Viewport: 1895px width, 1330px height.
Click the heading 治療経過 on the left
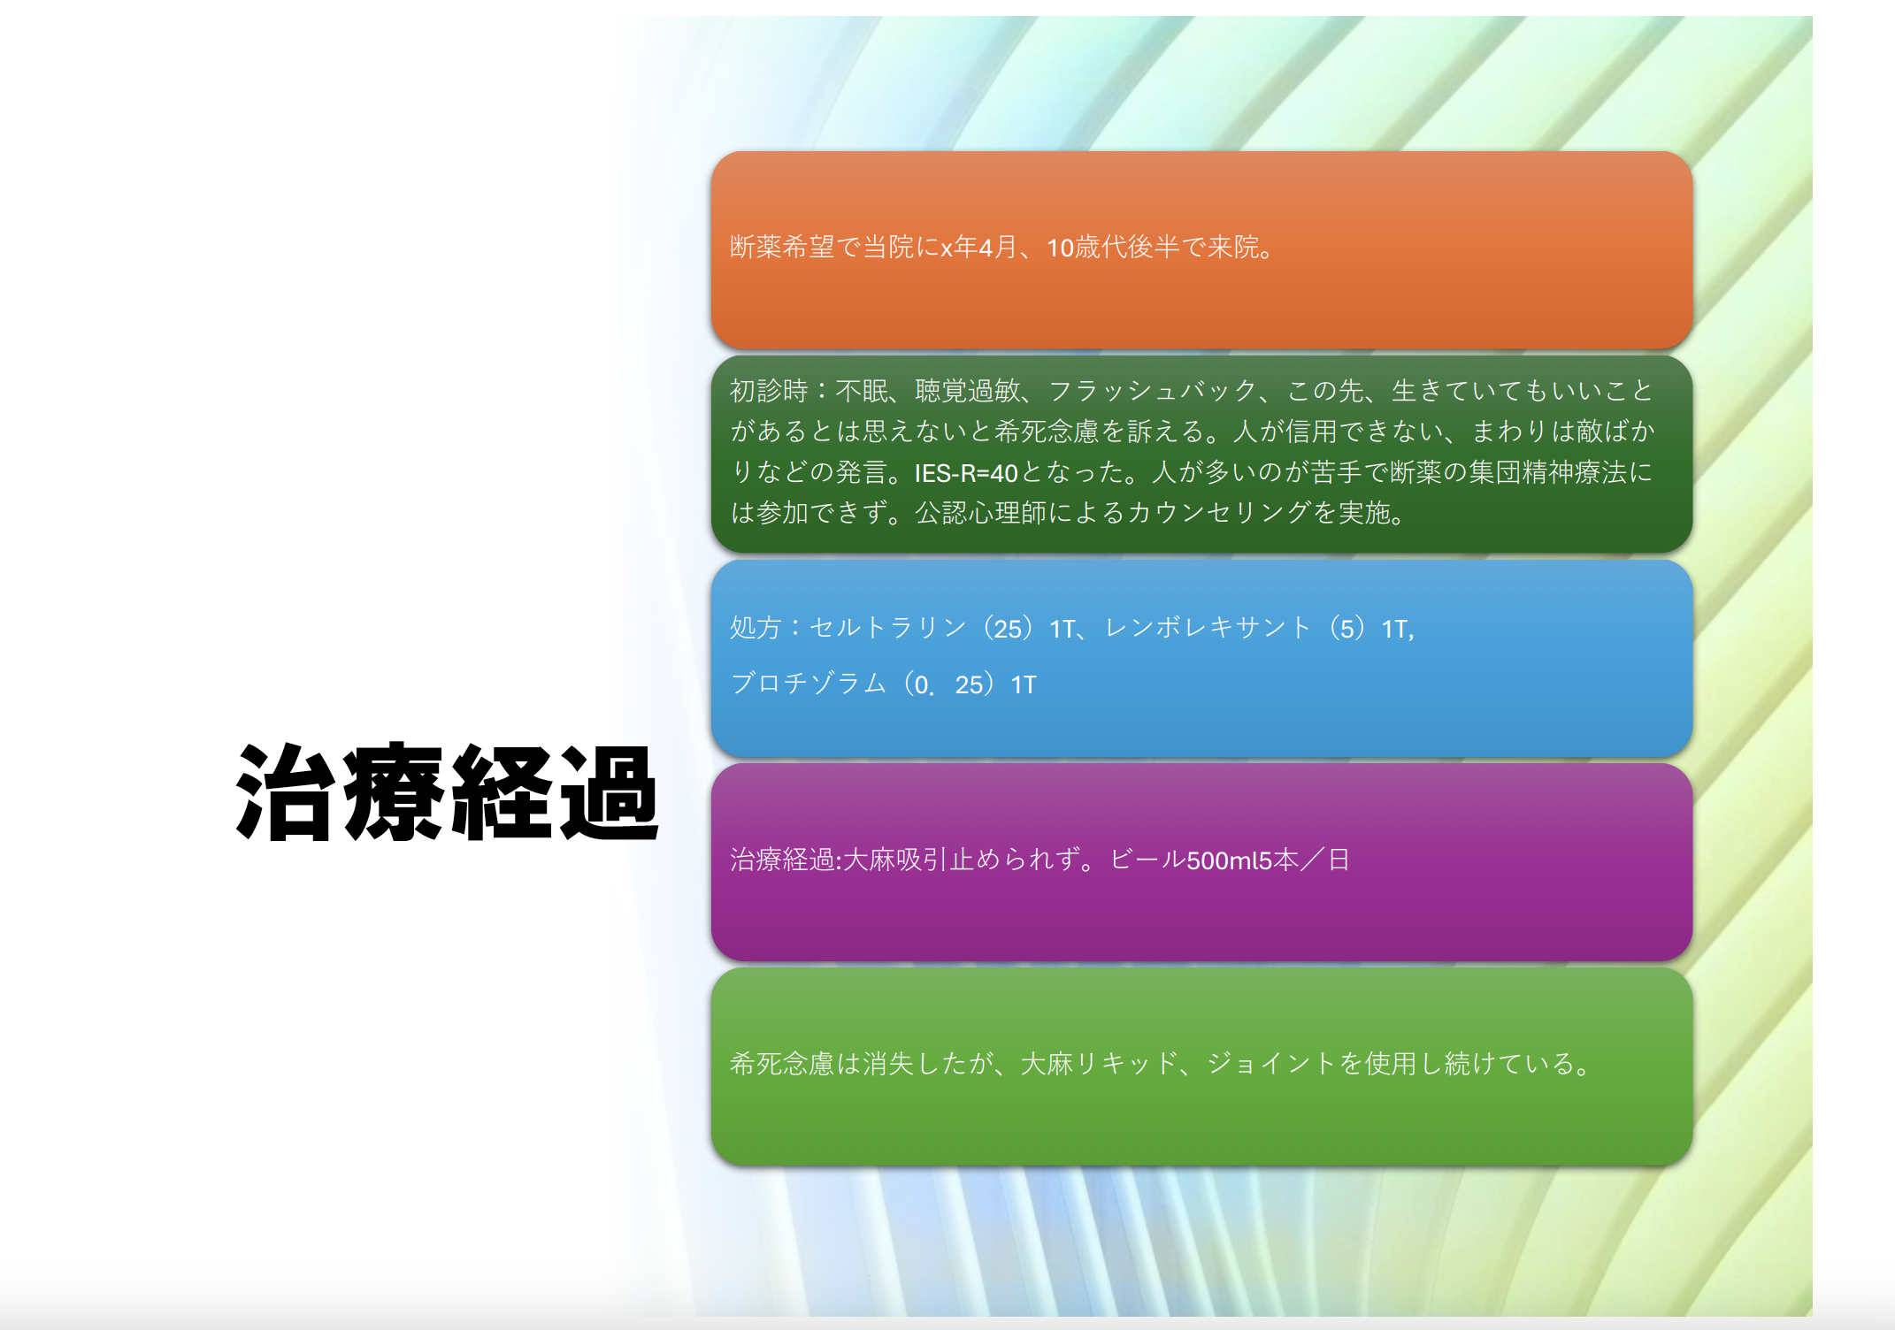448,792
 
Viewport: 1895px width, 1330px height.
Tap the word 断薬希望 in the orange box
783,247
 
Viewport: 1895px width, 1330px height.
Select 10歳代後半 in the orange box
1114,247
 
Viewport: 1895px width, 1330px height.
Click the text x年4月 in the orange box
979,247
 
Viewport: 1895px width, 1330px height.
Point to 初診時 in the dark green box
769,390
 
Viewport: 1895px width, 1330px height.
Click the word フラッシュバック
1153,390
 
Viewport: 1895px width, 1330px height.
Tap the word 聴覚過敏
968,390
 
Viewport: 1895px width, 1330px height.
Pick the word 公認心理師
980,513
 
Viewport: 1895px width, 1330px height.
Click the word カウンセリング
1219,513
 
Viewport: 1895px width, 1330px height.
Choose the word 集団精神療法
1547,472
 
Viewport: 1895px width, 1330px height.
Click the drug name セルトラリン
888,628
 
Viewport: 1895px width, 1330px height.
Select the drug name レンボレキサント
1208,628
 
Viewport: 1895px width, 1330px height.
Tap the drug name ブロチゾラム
809,684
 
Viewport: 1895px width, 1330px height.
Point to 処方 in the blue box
756,628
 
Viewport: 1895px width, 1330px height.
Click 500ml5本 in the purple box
1243,860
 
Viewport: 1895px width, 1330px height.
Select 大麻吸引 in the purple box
896,860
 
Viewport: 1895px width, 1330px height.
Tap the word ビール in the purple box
1147,860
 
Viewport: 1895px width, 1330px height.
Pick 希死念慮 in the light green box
783,1063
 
